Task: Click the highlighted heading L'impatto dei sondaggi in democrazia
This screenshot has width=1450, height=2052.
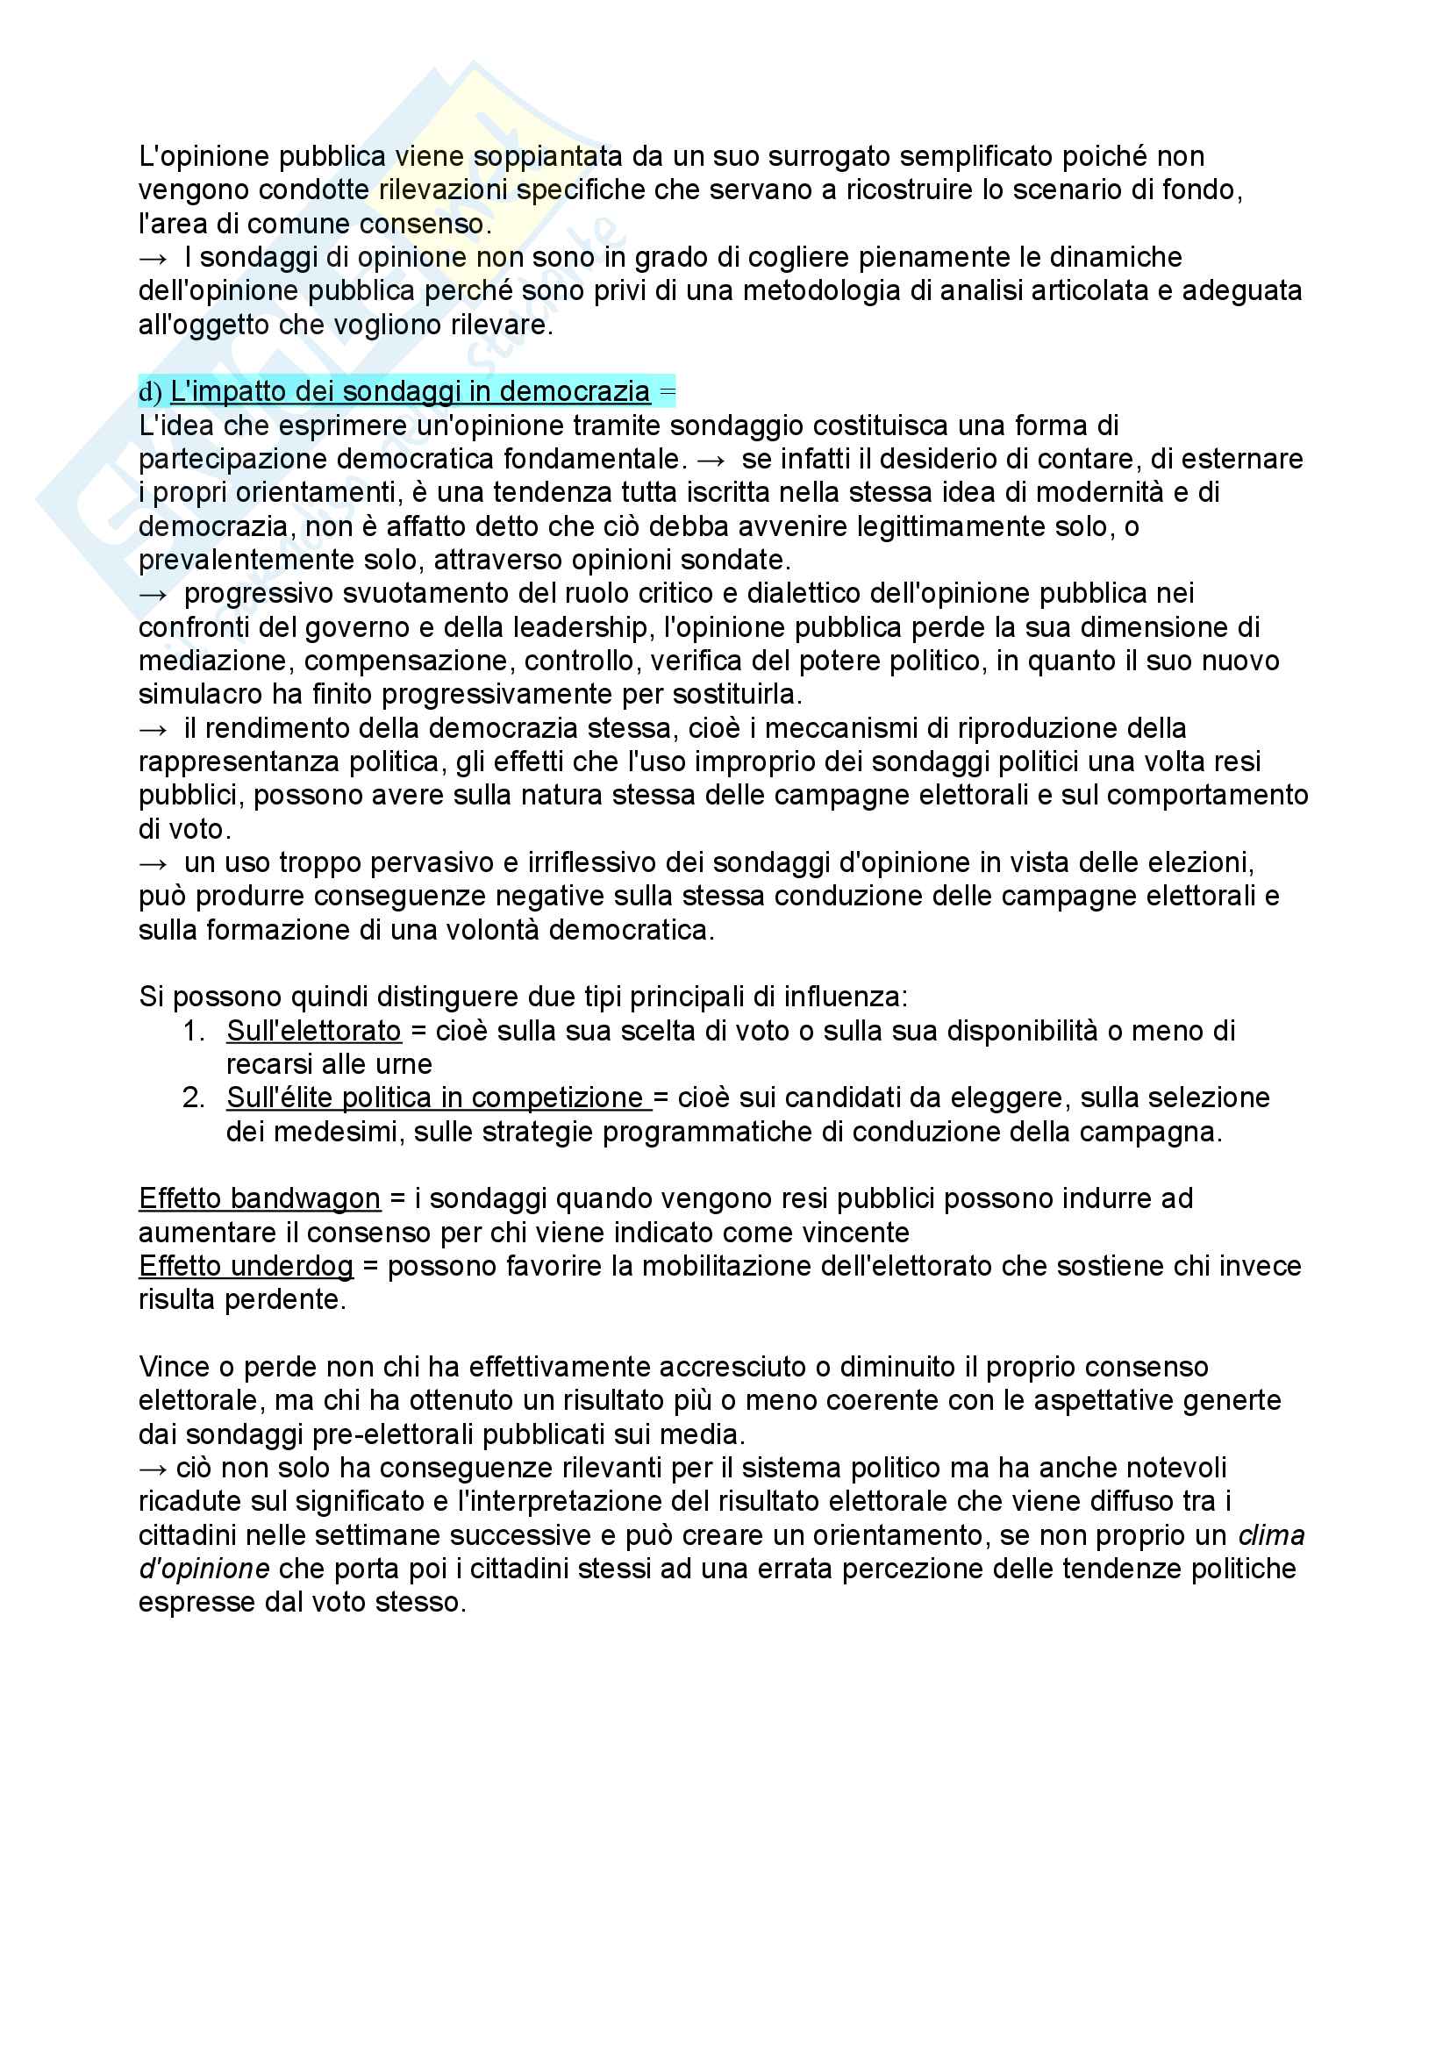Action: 409,391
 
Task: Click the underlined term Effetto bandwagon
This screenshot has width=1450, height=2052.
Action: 259,1198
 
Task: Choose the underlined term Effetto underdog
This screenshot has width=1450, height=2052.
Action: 246,1266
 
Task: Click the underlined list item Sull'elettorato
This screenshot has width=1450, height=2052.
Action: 313,1031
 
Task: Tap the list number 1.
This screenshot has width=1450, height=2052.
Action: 193,1031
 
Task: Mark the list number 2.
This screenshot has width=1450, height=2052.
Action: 193,1097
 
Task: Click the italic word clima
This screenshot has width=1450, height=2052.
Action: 1270,1535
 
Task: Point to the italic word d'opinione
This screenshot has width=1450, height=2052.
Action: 204,1569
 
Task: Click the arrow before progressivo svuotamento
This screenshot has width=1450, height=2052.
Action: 153,593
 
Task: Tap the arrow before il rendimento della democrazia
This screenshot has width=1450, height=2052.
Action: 153,728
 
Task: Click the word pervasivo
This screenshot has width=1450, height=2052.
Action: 418,862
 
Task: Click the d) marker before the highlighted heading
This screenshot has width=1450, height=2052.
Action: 149,392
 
